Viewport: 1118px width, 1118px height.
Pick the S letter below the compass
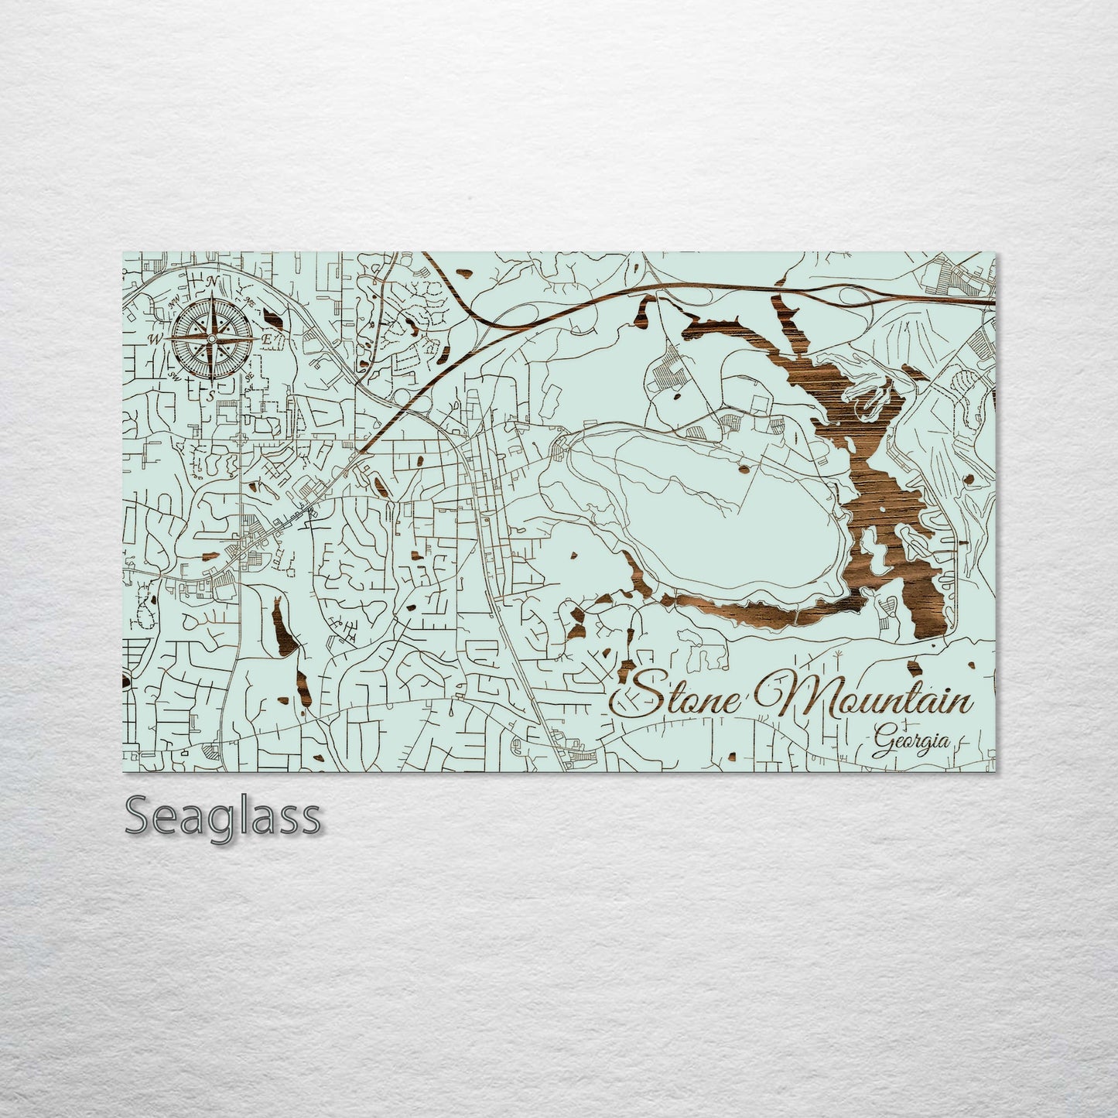pyautogui.click(x=210, y=396)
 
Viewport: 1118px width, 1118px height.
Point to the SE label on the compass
pyautogui.click(x=249, y=376)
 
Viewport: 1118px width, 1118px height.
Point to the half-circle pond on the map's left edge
pyautogui.click(x=125, y=681)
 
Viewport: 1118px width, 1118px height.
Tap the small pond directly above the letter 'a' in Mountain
pyautogui.click(x=914, y=666)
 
